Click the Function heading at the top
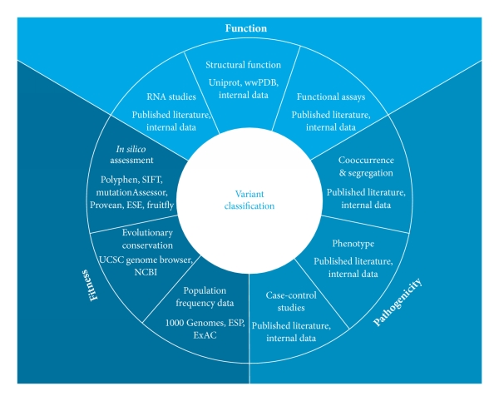click(x=249, y=28)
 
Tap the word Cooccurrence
click(x=360, y=161)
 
